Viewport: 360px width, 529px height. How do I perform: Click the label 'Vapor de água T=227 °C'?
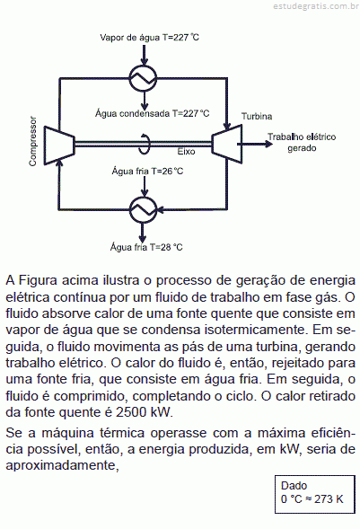click(x=149, y=37)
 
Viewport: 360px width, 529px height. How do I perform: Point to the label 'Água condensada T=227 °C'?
click(x=152, y=113)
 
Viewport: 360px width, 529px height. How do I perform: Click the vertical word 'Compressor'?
click(x=32, y=141)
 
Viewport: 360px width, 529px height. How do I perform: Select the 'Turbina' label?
click(x=257, y=117)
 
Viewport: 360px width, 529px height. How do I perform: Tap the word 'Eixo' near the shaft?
click(x=186, y=152)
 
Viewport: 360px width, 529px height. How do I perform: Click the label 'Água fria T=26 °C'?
click(x=147, y=171)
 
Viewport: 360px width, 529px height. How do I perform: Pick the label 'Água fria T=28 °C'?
click(x=146, y=247)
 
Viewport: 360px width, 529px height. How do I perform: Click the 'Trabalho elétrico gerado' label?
click(x=302, y=143)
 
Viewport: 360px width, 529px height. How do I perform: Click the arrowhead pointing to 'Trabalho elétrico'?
click(x=268, y=144)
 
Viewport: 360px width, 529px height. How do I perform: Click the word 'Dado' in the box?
click(x=294, y=486)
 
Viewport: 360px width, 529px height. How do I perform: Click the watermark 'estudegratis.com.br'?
click(x=316, y=6)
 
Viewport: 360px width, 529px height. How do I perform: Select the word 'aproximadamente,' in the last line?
click(x=62, y=466)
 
